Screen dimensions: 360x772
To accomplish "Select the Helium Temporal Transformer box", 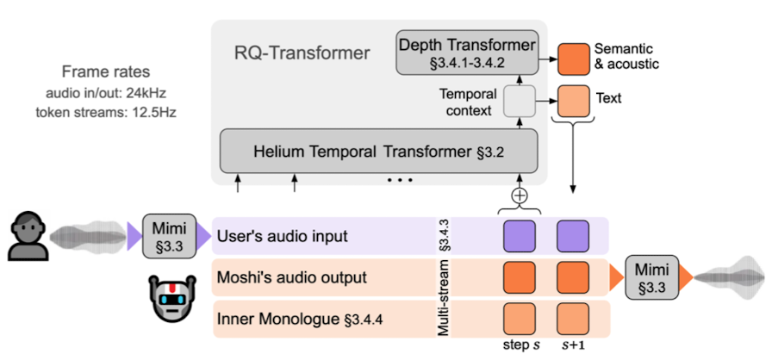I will [378, 152].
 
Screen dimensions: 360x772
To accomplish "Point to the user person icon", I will [25, 235].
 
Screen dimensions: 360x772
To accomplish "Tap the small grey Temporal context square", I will [520, 102].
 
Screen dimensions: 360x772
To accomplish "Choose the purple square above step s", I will [520, 236].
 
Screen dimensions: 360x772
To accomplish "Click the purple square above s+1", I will [572, 236].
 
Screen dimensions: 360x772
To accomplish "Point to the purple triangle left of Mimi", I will [134, 236].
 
